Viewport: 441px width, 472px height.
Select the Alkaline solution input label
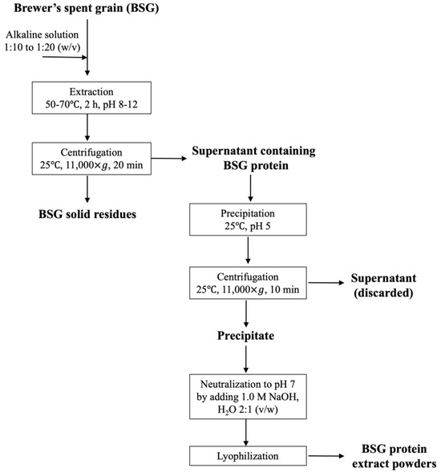[x=43, y=35]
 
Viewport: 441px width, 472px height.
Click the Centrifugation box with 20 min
[x=89, y=158]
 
